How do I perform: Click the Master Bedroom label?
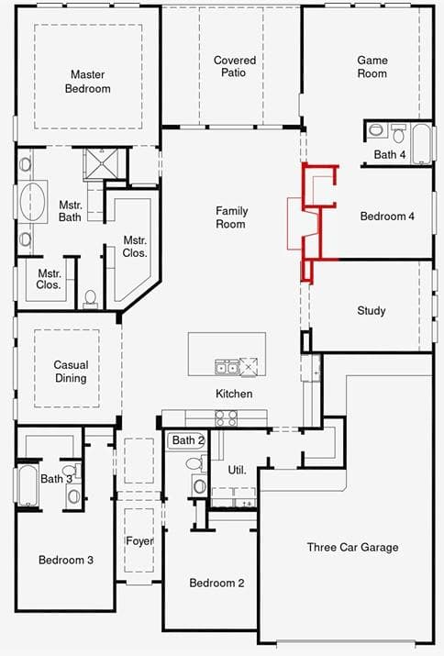(x=88, y=82)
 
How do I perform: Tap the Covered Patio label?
(x=234, y=66)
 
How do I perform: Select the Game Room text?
(x=372, y=67)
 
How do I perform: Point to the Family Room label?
(x=231, y=217)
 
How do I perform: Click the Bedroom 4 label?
(x=387, y=217)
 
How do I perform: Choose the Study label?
(x=372, y=310)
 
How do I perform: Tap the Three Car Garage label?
(x=352, y=547)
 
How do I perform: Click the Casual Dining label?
(x=71, y=372)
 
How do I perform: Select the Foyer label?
(x=139, y=541)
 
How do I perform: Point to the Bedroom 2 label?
(x=216, y=583)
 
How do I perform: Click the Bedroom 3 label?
(x=66, y=560)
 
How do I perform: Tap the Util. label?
(x=237, y=471)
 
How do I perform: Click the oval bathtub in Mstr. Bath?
(x=33, y=202)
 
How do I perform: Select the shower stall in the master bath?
(x=101, y=163)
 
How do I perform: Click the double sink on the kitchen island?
(x=227, y=366)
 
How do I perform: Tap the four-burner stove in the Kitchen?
(x=226, y=417)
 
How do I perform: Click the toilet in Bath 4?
(x=398, y=133)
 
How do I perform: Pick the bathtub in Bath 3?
(x=28, y=484)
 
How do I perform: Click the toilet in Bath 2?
(x=195, y=463)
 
